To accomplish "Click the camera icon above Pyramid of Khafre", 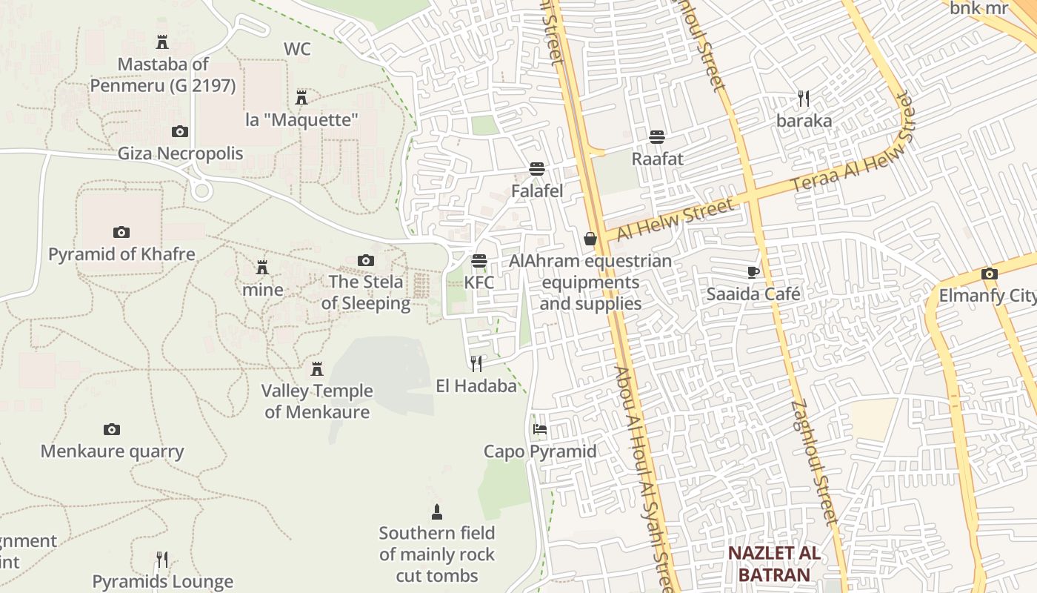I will point(121,232).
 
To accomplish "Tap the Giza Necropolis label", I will point(180,153).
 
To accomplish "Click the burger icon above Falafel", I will point(537,169).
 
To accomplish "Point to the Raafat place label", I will point(657,159).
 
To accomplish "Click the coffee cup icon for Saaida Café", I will point(753,272).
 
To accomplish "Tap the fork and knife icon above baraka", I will point(804,98).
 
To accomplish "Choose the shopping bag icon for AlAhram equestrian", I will point(590,239).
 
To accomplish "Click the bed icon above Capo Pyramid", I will point(540,429).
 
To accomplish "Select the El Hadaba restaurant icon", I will point(476,363).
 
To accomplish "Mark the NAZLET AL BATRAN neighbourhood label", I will point(773,563).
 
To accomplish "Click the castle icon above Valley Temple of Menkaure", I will point(317,368).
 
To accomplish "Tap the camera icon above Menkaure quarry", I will point(112,429).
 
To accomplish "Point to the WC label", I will point(297,49).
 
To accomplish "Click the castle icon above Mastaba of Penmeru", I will point(162,42).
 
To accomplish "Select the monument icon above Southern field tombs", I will point(437,511).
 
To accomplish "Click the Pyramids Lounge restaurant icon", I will point(162,559).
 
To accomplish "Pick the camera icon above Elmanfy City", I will point(989,274).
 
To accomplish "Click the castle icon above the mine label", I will point(262,267).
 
